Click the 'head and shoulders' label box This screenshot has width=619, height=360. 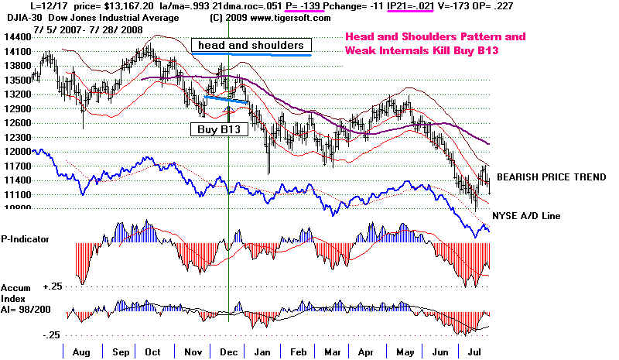[x=251, y=45]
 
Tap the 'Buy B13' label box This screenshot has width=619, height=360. [x=217, y=130]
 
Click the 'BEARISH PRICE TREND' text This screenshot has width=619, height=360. [x=551, y=177]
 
